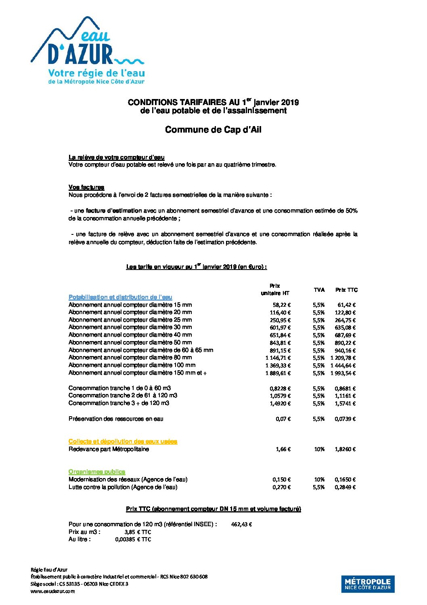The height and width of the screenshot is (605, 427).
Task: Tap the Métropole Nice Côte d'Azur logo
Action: coord(368,584)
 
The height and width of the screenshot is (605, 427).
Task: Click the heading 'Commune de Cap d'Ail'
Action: coord(213,130)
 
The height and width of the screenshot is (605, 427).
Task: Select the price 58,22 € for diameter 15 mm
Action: coord(281,305)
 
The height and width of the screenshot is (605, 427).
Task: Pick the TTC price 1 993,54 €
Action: coord(343,373)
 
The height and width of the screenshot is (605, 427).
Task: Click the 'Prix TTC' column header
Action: coord(346,290)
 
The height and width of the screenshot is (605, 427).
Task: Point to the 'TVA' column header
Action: coord(319,290)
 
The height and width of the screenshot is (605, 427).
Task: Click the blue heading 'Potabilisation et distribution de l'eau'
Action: coord(120,297)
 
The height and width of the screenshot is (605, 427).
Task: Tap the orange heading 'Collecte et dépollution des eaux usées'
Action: coord(123,441)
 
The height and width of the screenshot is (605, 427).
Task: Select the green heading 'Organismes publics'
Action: coord(97,472)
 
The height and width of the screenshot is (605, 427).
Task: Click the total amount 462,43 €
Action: coord(241,525)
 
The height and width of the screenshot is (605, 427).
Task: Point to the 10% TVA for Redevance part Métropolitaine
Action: coord(319,449)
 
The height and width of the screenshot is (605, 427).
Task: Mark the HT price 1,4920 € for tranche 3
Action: coord(280,403)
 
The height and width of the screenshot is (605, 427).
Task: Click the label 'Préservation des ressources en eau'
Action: coord(116,419)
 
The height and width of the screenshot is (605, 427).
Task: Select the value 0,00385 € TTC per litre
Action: coord(133,540)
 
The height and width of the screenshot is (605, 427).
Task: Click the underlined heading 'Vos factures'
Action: coord(86,187)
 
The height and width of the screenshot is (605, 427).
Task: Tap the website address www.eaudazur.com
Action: coord(52,591)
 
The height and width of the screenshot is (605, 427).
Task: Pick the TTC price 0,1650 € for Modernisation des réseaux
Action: coord(345,479)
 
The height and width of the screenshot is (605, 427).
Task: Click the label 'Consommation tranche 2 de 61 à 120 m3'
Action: coord(123,395)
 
